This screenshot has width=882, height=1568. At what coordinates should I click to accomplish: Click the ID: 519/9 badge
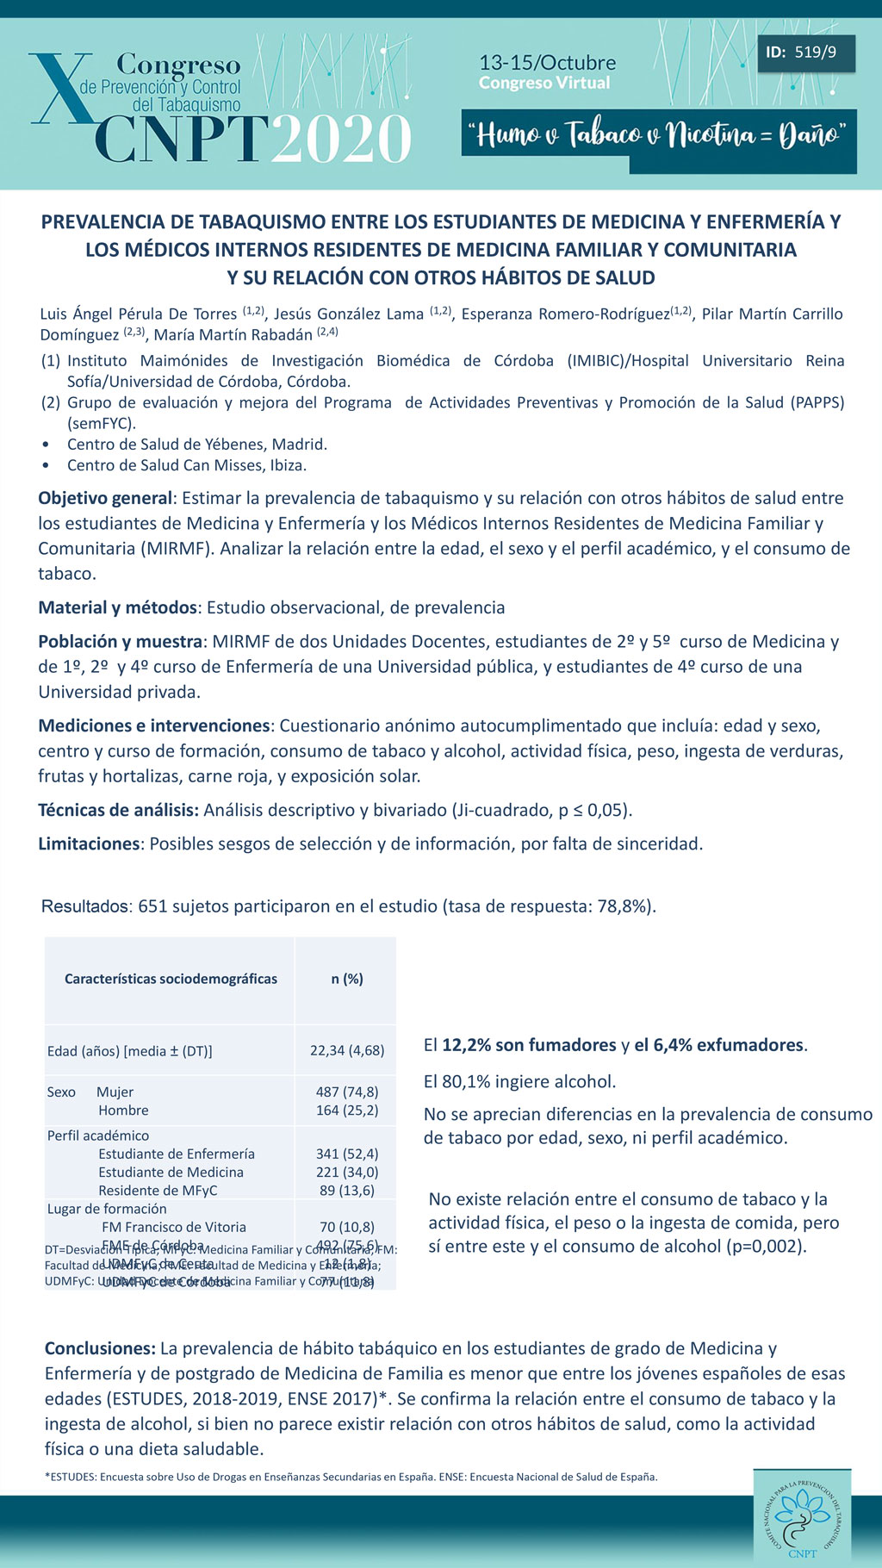(x=801, y=53)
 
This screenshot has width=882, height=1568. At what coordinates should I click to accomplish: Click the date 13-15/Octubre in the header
(x=547, y=63)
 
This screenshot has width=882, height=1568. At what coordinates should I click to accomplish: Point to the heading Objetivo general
(x=105, y=498)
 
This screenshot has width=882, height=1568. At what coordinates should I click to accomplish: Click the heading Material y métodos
(x=117, y=607)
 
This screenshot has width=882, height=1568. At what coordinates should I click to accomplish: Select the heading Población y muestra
(x=121, y=641)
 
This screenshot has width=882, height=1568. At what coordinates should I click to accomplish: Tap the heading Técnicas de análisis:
(x=118, y=810)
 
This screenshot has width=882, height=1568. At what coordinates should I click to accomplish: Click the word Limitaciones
(x=89, y=843)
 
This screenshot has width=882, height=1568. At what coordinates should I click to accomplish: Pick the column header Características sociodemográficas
(x=171, y=979)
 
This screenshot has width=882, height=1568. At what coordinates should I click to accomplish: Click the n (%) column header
(x=347, y=979)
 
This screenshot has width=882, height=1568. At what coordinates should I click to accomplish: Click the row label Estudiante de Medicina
(x=171, y=1172)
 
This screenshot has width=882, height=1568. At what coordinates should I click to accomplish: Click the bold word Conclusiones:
(x=100, y=1348)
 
